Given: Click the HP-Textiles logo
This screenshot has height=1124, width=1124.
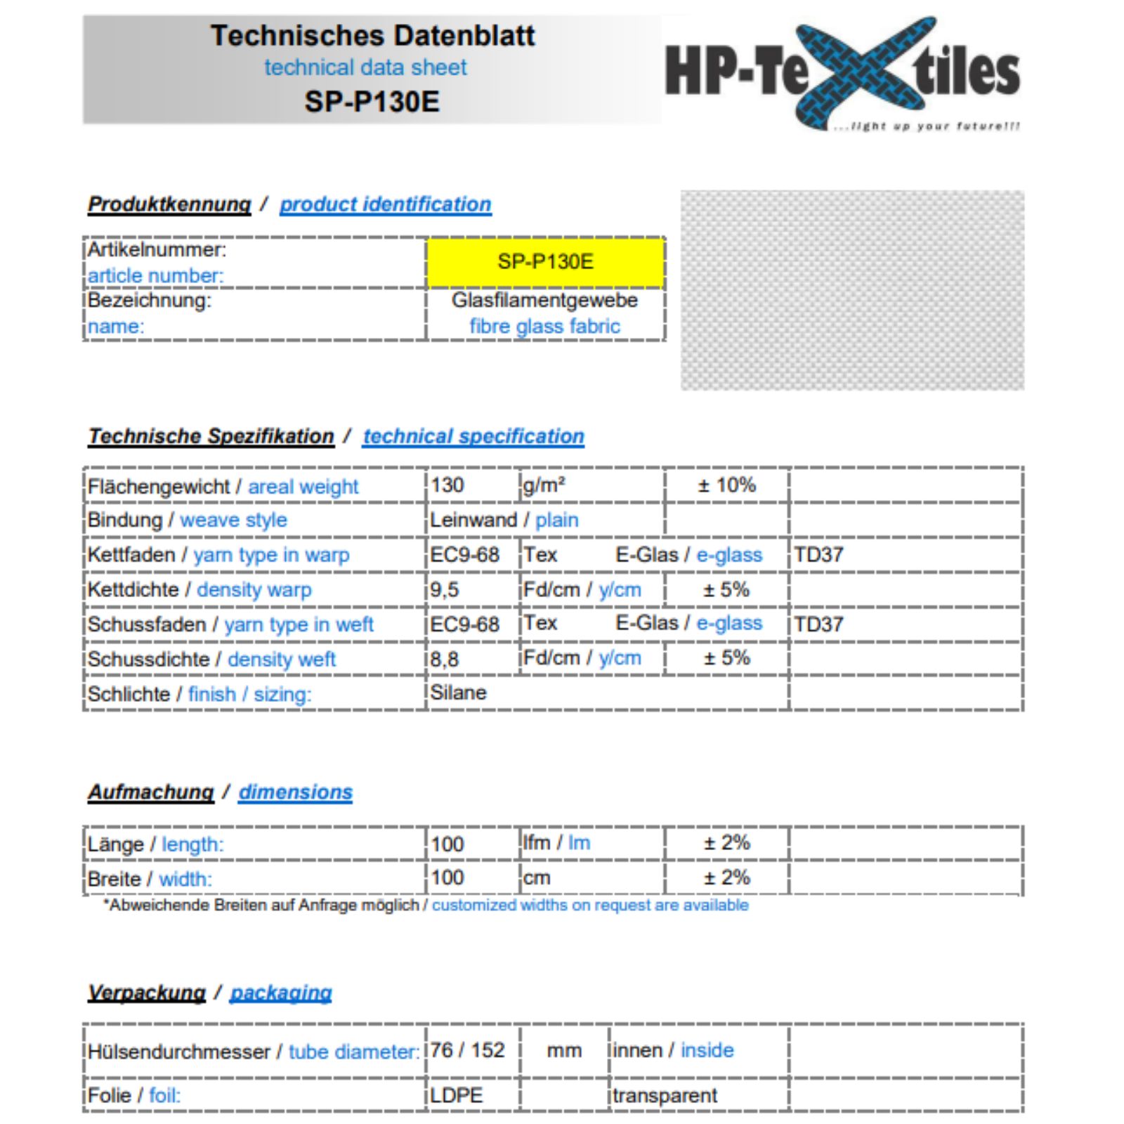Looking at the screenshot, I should click(x=842, y=73).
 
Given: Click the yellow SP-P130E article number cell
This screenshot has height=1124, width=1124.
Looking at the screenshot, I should click(x=545, y=262).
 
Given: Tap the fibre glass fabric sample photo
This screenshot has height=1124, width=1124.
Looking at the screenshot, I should click(x=851, y=289).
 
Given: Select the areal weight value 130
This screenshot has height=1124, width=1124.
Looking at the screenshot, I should click(x=447, y=485).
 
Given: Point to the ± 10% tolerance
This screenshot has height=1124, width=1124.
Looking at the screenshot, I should click(x=726, y=485).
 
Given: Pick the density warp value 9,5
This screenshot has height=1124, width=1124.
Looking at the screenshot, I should click(x=444, y=589).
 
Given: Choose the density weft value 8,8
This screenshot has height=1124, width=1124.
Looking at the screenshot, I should click(x=444, y=659).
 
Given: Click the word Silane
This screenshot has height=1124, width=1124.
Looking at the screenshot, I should click(x=458, y=693).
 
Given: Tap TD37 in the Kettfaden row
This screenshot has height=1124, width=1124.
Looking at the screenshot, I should click(x=818, y=555).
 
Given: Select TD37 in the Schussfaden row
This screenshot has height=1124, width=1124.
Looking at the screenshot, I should click(x=818, y=624).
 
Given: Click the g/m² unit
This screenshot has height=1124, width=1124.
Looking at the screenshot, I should click(x=544, y=485).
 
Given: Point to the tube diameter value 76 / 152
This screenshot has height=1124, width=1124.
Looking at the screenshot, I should click(x=467, y=1050).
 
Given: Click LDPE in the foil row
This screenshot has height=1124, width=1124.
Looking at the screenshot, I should click(x=456, y=1095).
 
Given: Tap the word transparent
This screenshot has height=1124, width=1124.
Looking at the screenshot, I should click(x=665, y=1095).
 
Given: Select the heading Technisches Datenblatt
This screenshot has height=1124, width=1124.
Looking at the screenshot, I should click(x=372, y=35).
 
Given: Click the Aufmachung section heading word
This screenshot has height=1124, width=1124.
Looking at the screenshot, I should click(x=150, y=792).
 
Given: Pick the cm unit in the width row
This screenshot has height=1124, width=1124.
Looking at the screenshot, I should click(x=537, y=878).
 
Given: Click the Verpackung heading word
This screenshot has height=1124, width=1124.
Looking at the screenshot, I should click(x=146, y=993).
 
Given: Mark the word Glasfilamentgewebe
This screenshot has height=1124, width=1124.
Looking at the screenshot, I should click(x=544, y=300).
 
